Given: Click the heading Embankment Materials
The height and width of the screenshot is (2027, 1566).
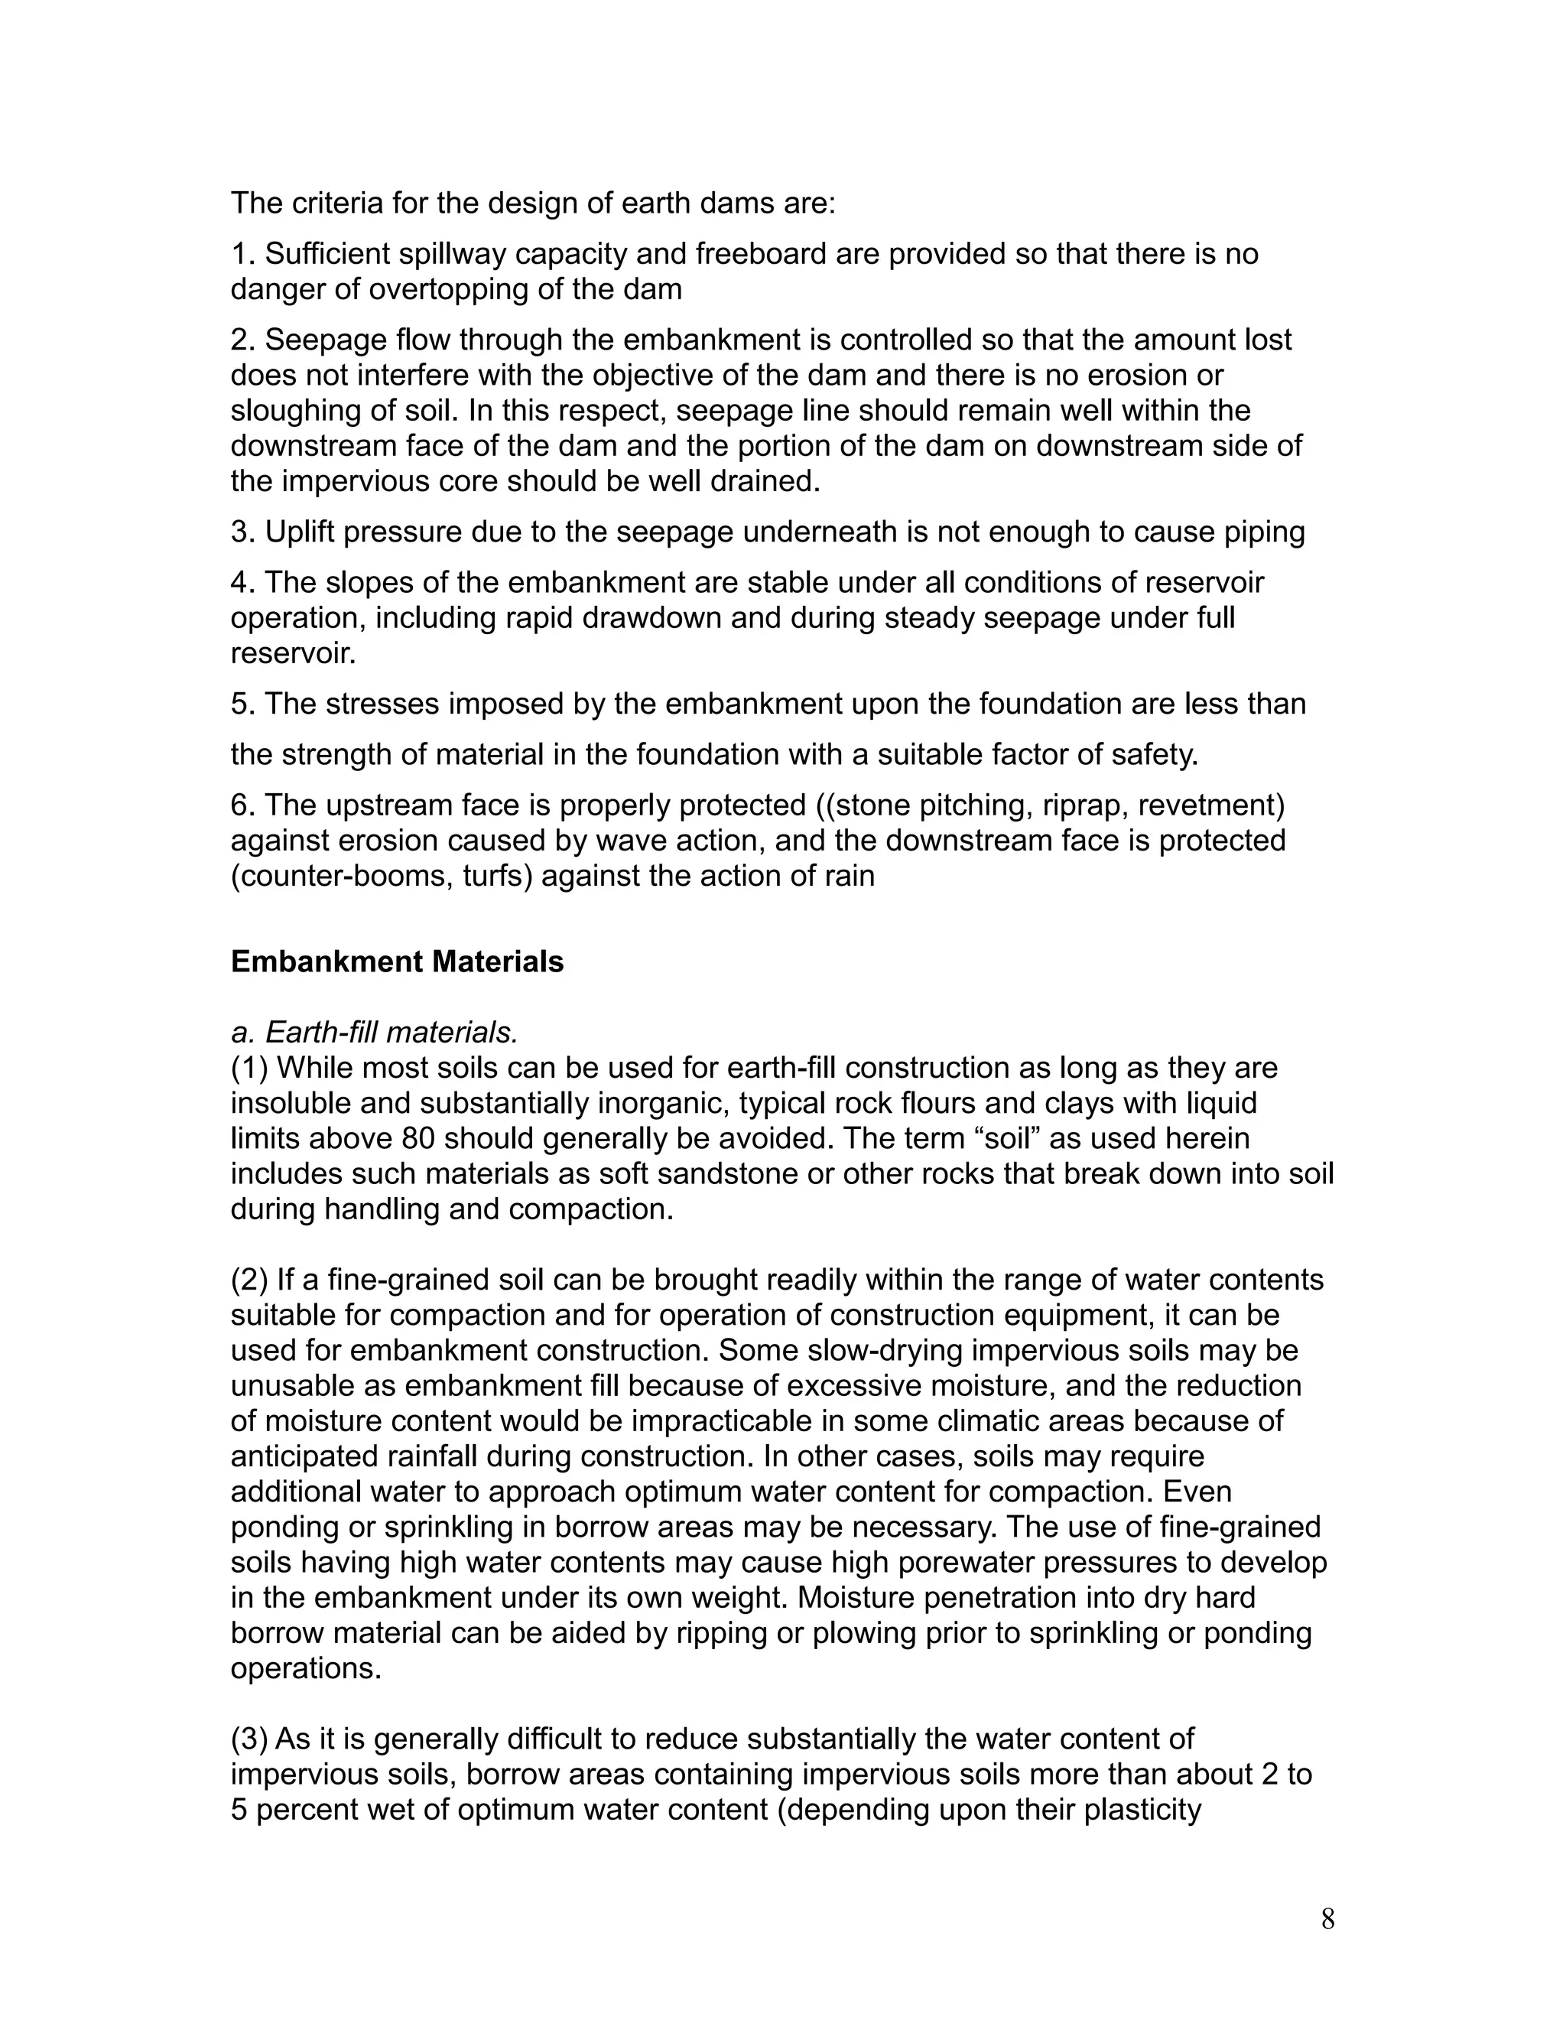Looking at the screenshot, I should coord(397,961).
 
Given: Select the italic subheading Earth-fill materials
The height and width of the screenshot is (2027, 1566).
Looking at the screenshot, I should coord(374,1032).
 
